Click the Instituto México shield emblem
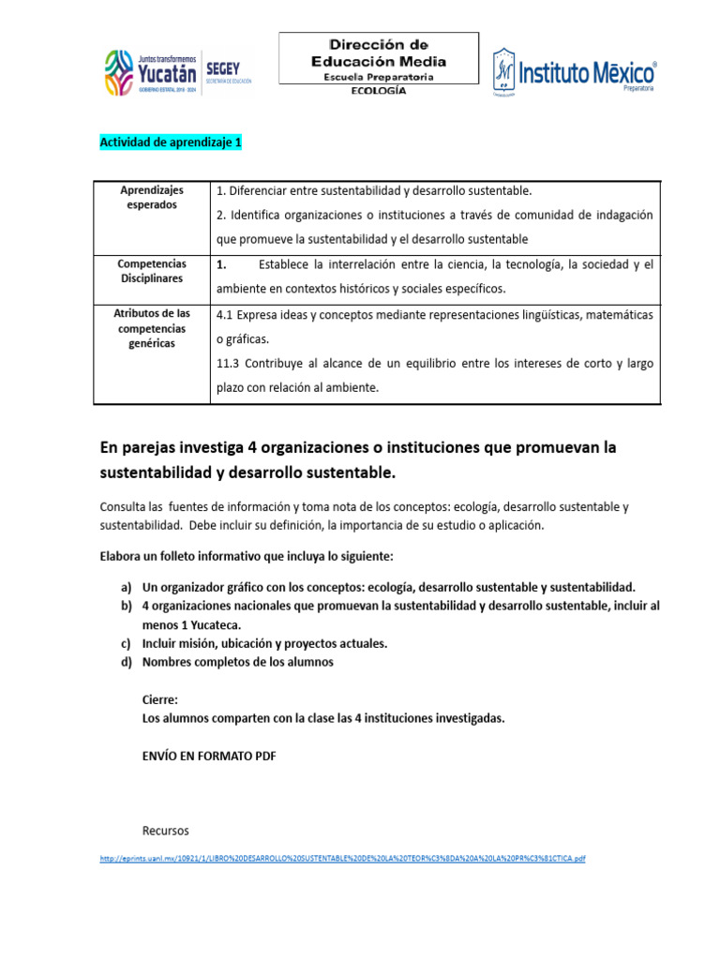(x=504, y=71)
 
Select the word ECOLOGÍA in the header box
(x=378, y=91)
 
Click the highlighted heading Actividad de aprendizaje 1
(x=171, y=142)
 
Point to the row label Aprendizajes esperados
(x=151, y=197)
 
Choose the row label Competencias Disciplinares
(x=151, y=272)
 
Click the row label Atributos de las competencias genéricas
(x=151, y=328)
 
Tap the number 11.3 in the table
(x=229, y=363)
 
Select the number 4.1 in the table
(x=225, y=315)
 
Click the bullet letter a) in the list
(x=125, y=587)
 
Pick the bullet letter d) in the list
(x=125, y=662)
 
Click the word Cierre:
(x=159, y=699)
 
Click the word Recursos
(x=165, y=831)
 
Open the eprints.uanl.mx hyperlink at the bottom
(x=342, y=859)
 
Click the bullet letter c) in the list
(x=125, y=643)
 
